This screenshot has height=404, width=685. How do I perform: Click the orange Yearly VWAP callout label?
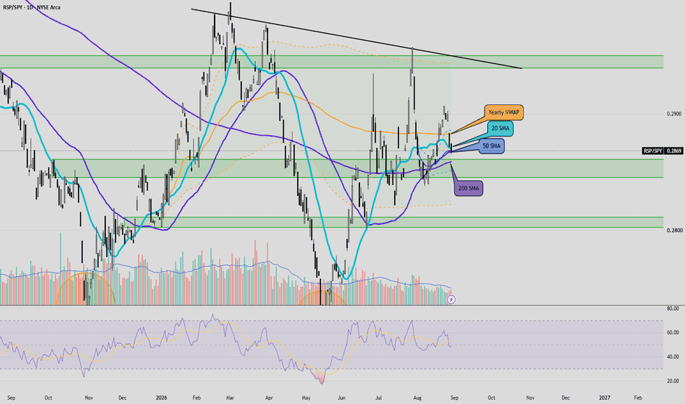pos(503,112)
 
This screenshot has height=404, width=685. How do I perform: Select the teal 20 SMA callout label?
pos(501,129)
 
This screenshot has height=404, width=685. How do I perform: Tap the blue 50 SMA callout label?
pos(492,146)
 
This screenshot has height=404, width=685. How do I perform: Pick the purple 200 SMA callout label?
pos(468,188)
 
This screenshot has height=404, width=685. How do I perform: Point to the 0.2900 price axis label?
pos(674,114)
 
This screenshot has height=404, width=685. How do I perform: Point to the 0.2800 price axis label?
pos(674,231)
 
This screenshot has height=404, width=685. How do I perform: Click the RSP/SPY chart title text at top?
pos(32,7)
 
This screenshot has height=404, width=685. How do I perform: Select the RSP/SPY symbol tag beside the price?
pos(653,151)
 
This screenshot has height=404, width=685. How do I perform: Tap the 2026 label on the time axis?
pos(161,398)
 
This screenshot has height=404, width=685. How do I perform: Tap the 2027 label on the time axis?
pos(605,398)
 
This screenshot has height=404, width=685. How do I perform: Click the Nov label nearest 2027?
pos(531,398)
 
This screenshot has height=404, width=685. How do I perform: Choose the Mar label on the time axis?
pos(230,398)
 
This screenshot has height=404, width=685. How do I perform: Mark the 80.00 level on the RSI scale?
pos(673,309)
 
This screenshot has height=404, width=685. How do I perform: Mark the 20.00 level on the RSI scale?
pos(673,381)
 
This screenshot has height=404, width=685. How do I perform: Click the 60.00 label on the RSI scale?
pos(673,332)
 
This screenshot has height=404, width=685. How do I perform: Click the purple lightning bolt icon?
pos(452,300)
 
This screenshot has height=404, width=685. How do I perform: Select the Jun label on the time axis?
pos(342,398)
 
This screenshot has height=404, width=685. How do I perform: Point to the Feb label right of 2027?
pos(638,398)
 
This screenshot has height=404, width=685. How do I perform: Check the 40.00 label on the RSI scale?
pos(673,357)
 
